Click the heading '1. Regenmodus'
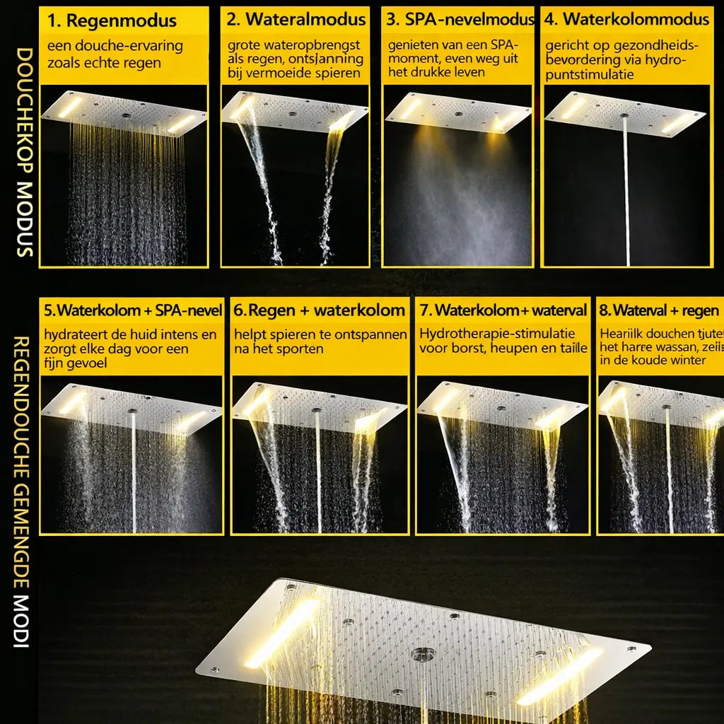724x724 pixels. click(112, 20)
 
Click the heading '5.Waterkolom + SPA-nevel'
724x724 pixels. click(133, 310)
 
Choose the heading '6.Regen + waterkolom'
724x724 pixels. click(320, 310)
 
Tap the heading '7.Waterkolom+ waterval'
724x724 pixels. click(503, 310)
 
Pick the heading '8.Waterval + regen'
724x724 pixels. click(659, 310)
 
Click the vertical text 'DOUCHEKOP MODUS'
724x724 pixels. click(23, 152)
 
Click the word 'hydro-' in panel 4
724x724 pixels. click(666, 61)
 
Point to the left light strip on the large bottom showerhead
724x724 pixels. click(281, 633)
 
